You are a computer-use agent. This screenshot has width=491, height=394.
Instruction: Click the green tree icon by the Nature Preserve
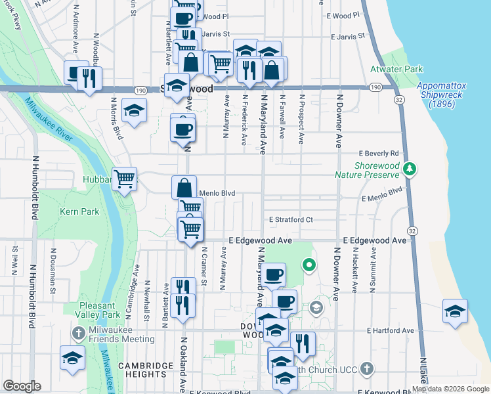410,169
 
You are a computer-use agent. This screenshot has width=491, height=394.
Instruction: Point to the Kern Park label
79,211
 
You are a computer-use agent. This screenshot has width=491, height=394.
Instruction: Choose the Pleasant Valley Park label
101,310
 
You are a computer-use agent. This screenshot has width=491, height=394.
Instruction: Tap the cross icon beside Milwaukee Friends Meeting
77,334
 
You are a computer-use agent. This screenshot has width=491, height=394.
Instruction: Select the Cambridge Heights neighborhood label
142,369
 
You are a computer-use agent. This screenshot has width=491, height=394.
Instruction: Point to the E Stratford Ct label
291,219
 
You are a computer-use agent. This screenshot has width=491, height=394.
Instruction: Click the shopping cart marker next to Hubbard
124,177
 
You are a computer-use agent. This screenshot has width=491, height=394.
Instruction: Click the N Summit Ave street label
372,270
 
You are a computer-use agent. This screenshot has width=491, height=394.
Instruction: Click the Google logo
22,387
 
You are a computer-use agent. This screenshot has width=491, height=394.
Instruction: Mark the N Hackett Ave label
354,270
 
